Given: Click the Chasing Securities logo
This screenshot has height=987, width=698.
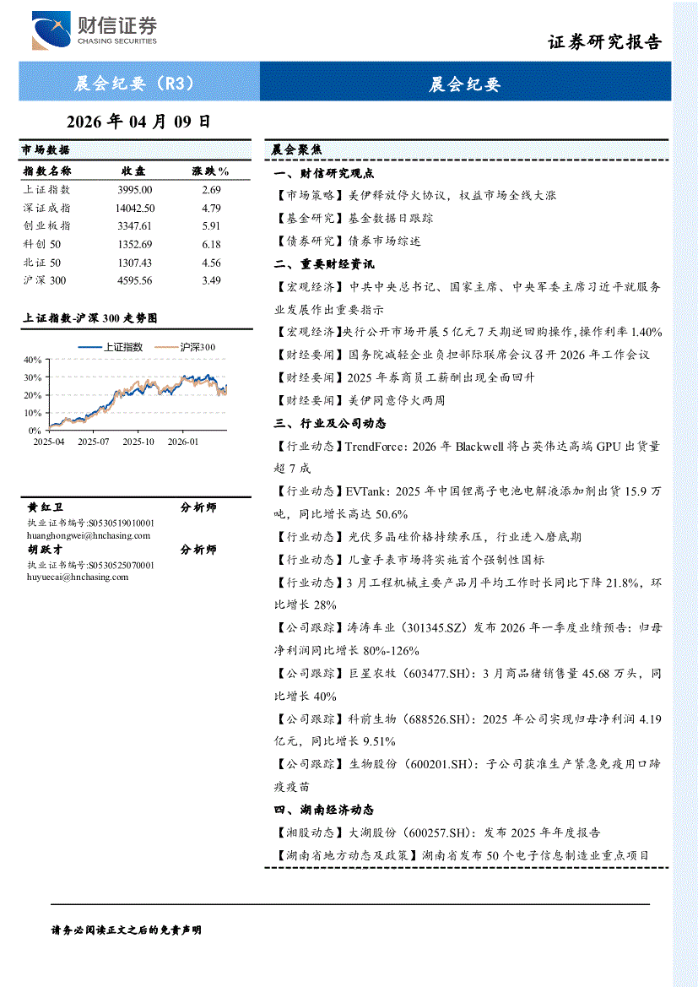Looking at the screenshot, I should [x=94, y=31].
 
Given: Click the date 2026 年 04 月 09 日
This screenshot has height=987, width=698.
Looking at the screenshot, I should [x=138, y=121].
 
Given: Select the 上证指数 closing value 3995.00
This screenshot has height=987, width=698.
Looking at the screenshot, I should [x=135, y=191].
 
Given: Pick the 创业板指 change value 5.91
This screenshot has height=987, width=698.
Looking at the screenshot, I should [x=211, y=226].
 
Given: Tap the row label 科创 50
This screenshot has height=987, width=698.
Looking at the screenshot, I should [x=42, y=244].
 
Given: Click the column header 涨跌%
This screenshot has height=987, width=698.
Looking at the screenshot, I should [x=211, y=171].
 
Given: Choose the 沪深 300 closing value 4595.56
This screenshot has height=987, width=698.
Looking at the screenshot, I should [x=135, y=280].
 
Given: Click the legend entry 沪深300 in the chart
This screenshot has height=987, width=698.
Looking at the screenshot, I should [x=197, y=347].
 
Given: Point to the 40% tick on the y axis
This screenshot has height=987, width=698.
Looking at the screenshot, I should [x=34, y=360].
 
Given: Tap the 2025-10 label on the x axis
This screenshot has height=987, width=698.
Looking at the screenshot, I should [x=138, y=441].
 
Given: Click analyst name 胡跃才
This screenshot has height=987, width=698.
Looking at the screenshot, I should [x=46, y=550].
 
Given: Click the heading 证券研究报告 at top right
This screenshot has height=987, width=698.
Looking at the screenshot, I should [x=605, y=42].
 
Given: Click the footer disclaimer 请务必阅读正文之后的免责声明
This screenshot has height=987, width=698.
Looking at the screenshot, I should [x=127, y=930].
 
